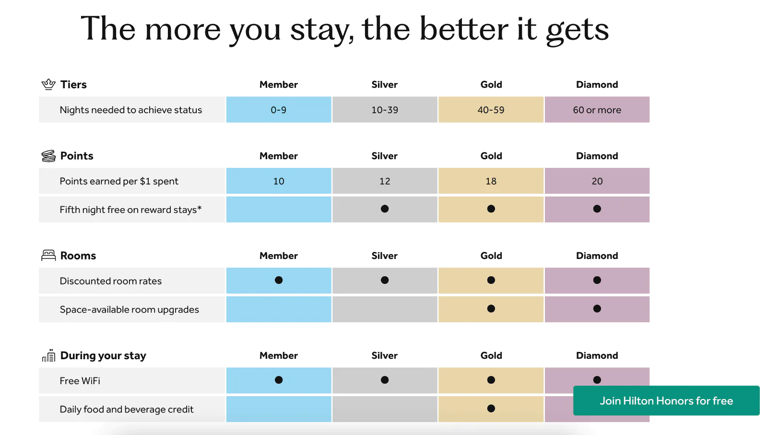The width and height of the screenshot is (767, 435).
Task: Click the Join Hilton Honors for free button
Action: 666,400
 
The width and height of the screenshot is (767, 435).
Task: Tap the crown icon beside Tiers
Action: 48,84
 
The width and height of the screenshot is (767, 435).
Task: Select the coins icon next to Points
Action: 48,156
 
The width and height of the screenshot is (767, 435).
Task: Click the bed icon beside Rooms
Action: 48,255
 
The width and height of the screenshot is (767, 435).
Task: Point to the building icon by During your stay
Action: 48,355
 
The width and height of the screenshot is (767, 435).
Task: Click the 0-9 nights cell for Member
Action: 279,110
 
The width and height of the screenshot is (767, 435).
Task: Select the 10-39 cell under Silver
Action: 385,110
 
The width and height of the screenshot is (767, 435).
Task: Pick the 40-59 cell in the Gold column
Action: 491,110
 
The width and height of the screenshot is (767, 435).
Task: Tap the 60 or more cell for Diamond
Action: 597,110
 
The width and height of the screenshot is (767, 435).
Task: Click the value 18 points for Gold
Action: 491,181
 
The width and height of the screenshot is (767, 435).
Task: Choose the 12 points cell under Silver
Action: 385,181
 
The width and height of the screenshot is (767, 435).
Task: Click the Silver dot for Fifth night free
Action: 385,209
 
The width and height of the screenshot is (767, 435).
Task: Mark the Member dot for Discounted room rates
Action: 279,280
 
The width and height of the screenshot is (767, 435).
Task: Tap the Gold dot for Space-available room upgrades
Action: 491,308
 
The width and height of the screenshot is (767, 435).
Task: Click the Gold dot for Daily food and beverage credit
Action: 491,408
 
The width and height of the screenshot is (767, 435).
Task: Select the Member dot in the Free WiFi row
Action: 279,380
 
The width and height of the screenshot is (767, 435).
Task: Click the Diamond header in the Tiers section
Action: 597,84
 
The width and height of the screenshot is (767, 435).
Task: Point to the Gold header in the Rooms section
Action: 491,256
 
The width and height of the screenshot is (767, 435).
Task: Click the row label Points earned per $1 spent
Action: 119,181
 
